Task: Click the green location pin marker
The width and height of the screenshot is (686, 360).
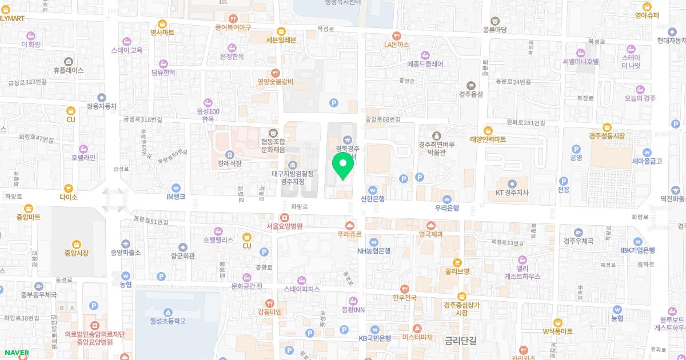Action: click(343, 166)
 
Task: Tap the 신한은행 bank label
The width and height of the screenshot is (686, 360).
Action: click(372, 199)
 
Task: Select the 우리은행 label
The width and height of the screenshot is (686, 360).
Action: click(447, 208)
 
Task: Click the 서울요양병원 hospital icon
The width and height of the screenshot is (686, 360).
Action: click(284, 217)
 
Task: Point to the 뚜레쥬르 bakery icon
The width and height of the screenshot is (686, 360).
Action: click(350, 225)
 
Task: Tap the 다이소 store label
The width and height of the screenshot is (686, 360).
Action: click(68, 197)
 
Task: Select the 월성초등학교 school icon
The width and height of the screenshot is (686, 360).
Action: click(168, 312)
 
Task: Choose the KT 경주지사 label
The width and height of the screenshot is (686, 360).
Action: click(512, 193)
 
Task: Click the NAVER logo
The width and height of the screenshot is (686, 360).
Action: click(15, 353)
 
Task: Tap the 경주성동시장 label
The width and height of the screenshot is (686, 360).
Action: click(607, 136)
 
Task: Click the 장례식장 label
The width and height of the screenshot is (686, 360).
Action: click(230, 163)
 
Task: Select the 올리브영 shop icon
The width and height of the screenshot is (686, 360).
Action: click(458, 262)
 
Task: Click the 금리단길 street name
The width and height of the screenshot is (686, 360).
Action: click(464, 341)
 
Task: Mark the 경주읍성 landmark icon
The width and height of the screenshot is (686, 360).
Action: click(472, 85)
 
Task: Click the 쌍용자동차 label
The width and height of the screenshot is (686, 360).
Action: click(101, 106)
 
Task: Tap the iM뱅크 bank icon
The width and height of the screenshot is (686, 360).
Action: click(176, 187)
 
